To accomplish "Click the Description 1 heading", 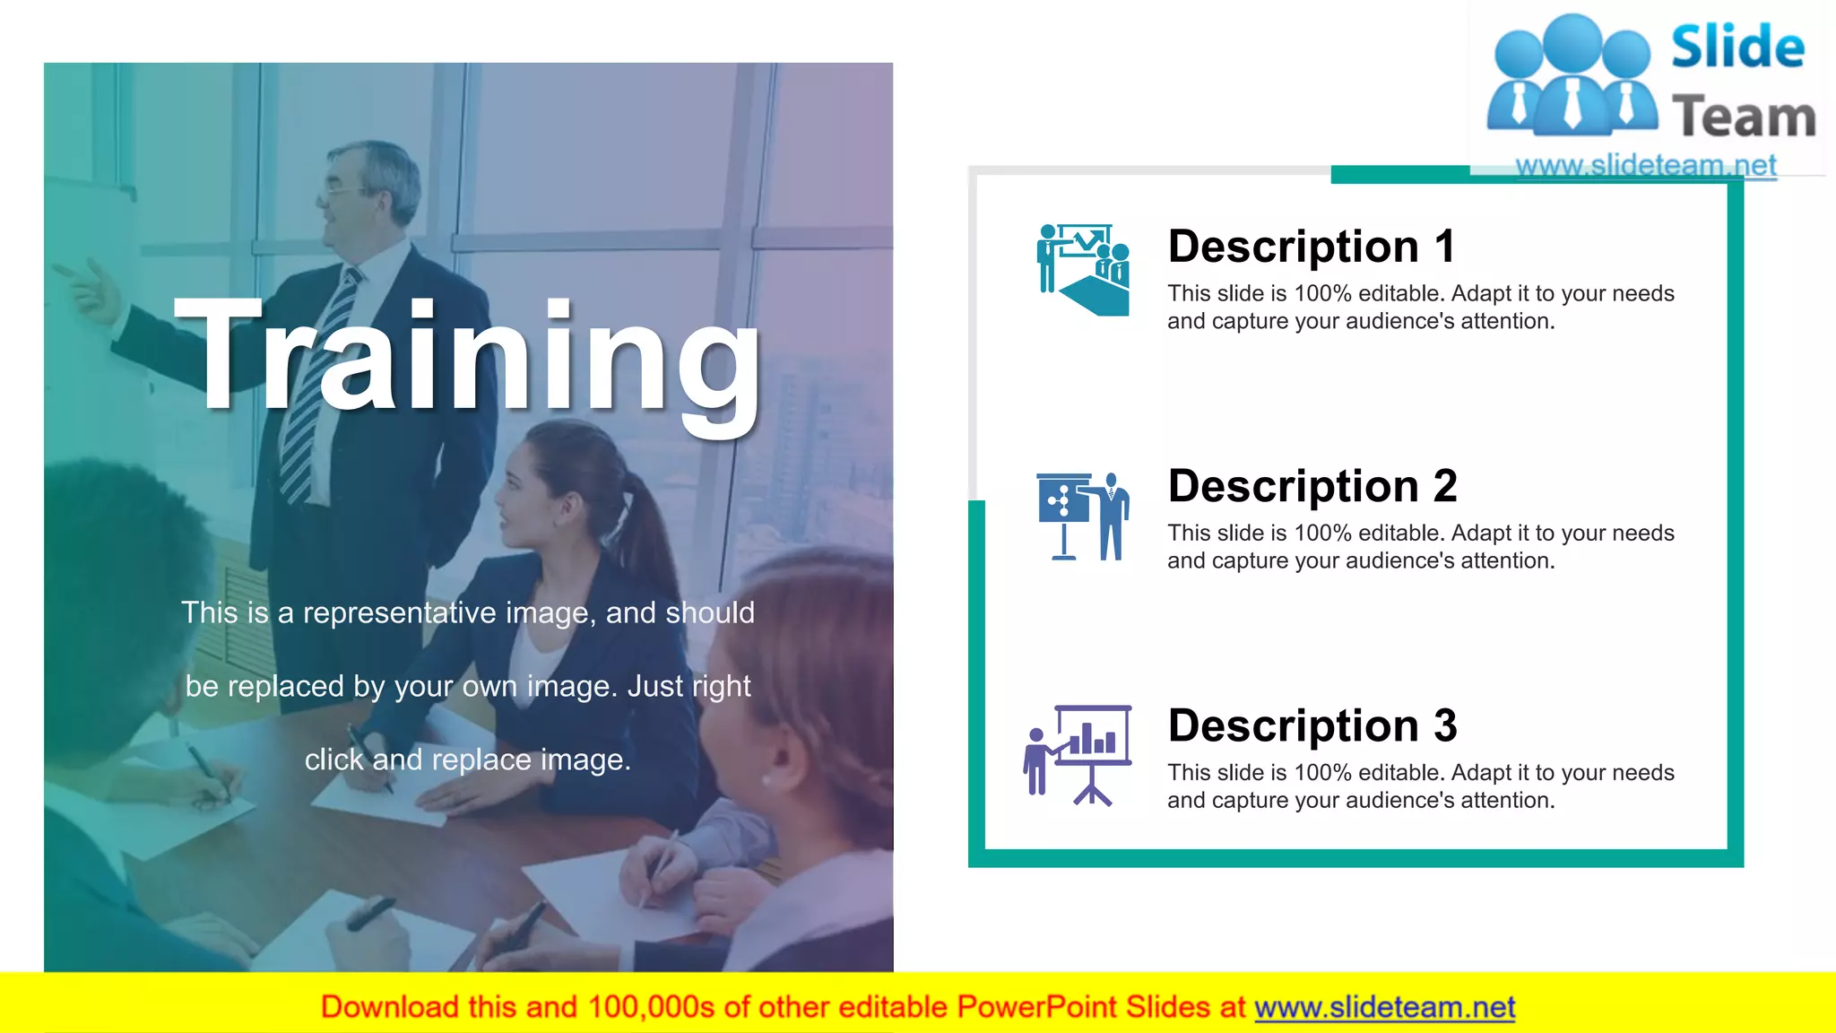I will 1311,247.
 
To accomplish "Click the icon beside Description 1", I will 1083,269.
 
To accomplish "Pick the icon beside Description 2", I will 1083,516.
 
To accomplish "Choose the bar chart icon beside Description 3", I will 1078,755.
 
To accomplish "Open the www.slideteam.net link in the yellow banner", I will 1384,1007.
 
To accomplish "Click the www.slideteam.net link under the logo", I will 1645,165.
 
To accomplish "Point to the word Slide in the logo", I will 1737,48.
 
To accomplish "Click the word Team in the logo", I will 1744,117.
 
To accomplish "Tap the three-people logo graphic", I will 1572,76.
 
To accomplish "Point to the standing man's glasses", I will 338,189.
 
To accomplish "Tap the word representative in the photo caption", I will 399,612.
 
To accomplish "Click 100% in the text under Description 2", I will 1322,533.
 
